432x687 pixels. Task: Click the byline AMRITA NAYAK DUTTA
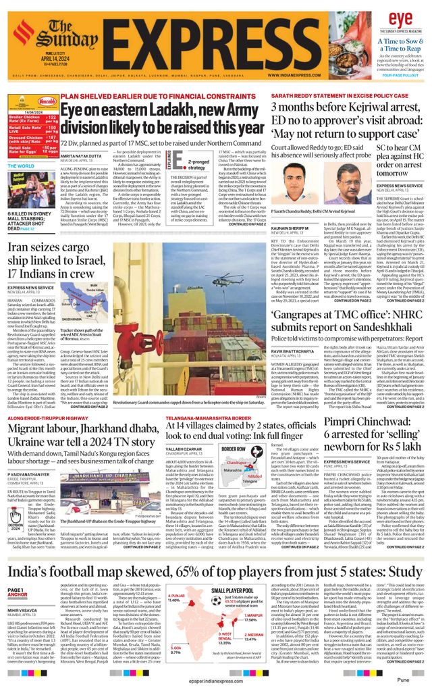coord(82,155)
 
